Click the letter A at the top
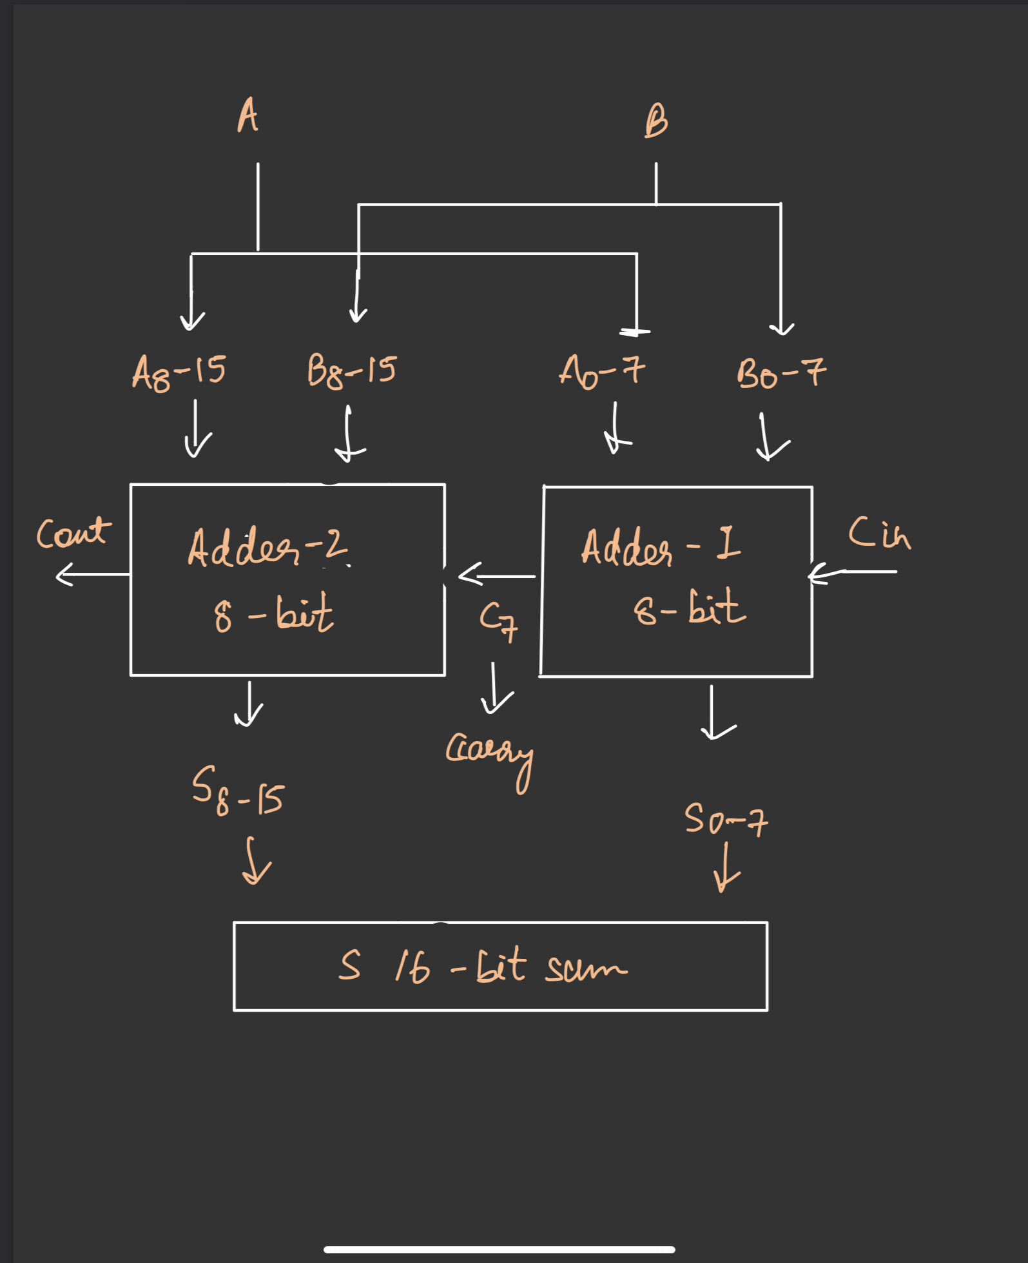247,116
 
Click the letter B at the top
656,121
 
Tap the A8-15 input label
179,372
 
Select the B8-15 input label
351,371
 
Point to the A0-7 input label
601,372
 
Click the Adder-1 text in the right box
660,546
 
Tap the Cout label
73,533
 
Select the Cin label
879,533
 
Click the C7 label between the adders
498,621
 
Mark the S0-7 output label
726,819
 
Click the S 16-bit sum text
482,967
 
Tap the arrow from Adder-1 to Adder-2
496,575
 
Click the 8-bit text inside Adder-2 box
273,613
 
